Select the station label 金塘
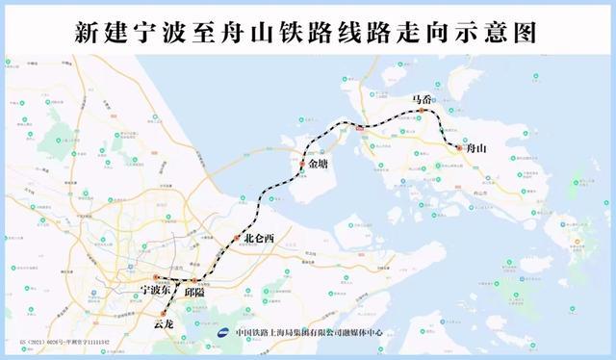pos(319,177)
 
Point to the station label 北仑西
pos(259,239)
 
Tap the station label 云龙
pos(165,325)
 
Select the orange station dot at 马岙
pos(421,111)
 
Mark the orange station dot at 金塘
pos(301,166)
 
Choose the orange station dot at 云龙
pos(165,313)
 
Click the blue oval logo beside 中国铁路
pos(222,333)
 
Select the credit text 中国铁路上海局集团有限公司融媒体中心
pos(307,333)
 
